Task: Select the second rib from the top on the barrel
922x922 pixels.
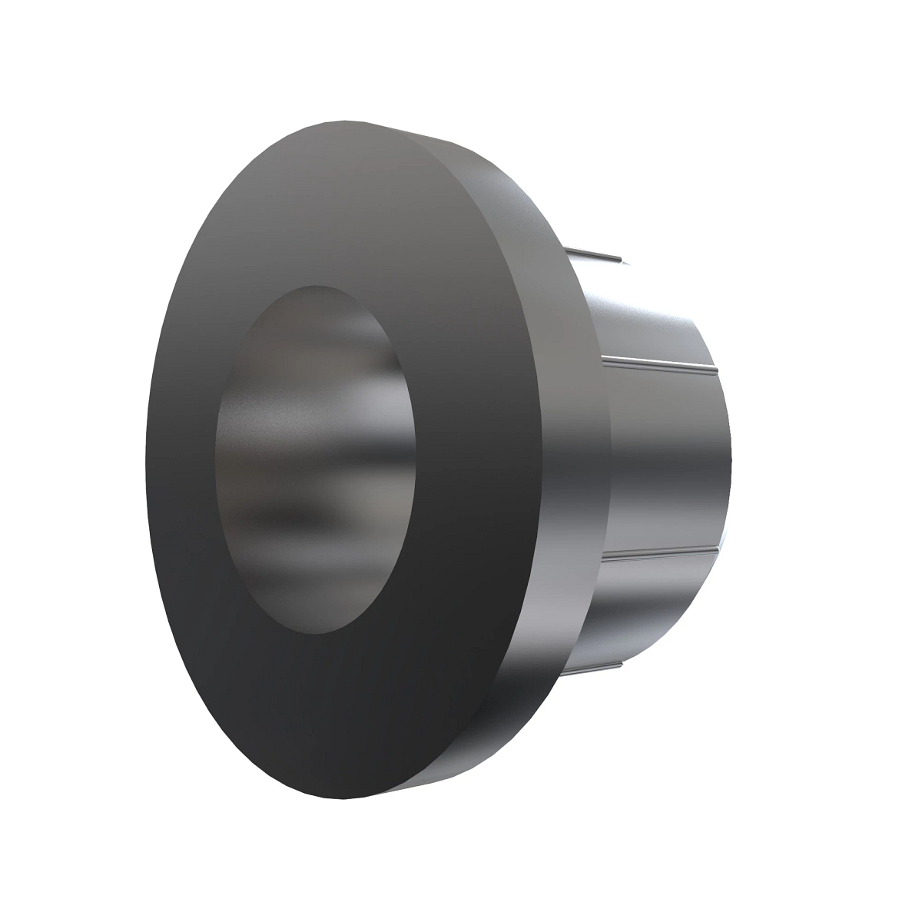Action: click(661, 363)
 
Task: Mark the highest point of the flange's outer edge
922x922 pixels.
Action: click(338, 121)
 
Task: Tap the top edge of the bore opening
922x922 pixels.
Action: click(315, 287)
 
